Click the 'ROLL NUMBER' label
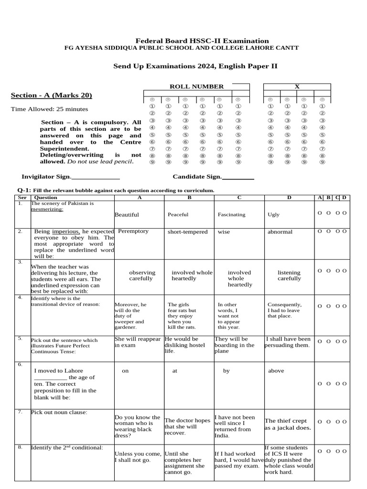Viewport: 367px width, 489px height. tap(196, 86)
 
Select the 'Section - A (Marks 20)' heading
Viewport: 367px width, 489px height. tap(51, 96)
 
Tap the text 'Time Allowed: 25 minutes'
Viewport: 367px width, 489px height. tap(49, 109)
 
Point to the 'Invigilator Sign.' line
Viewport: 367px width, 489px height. tap(71, 177)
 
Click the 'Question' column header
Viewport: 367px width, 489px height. tap(46, 197)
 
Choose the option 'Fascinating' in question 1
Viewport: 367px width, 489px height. tap(231, 215)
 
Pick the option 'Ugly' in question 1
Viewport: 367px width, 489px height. tap(273, 215)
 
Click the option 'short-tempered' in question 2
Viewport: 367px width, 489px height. tap(187, 232)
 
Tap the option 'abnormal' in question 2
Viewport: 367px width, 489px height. tap(280, 232)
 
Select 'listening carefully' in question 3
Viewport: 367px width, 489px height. tap(289, 276)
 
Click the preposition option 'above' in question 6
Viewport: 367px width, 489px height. tap(276, 371)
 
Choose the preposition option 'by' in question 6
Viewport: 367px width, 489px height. tap(227, 371)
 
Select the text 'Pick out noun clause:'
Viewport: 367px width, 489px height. tap(59, 412)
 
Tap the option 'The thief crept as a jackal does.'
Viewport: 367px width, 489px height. tap(288, 424)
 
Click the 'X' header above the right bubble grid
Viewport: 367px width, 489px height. tap(297, 86)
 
